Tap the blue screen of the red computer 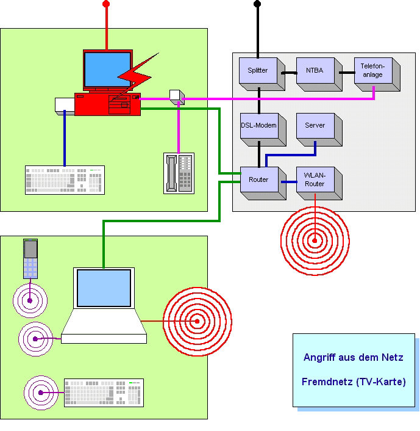point(108,70)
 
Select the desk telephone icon point(179,173)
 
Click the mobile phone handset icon point(30,259)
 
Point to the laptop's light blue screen point(104,288)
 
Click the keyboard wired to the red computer point(65,179)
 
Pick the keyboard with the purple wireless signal point(104,393)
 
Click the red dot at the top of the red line point(106,4)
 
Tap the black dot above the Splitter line point(257,4)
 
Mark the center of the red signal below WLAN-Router point(315,241)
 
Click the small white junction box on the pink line point(177,97)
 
